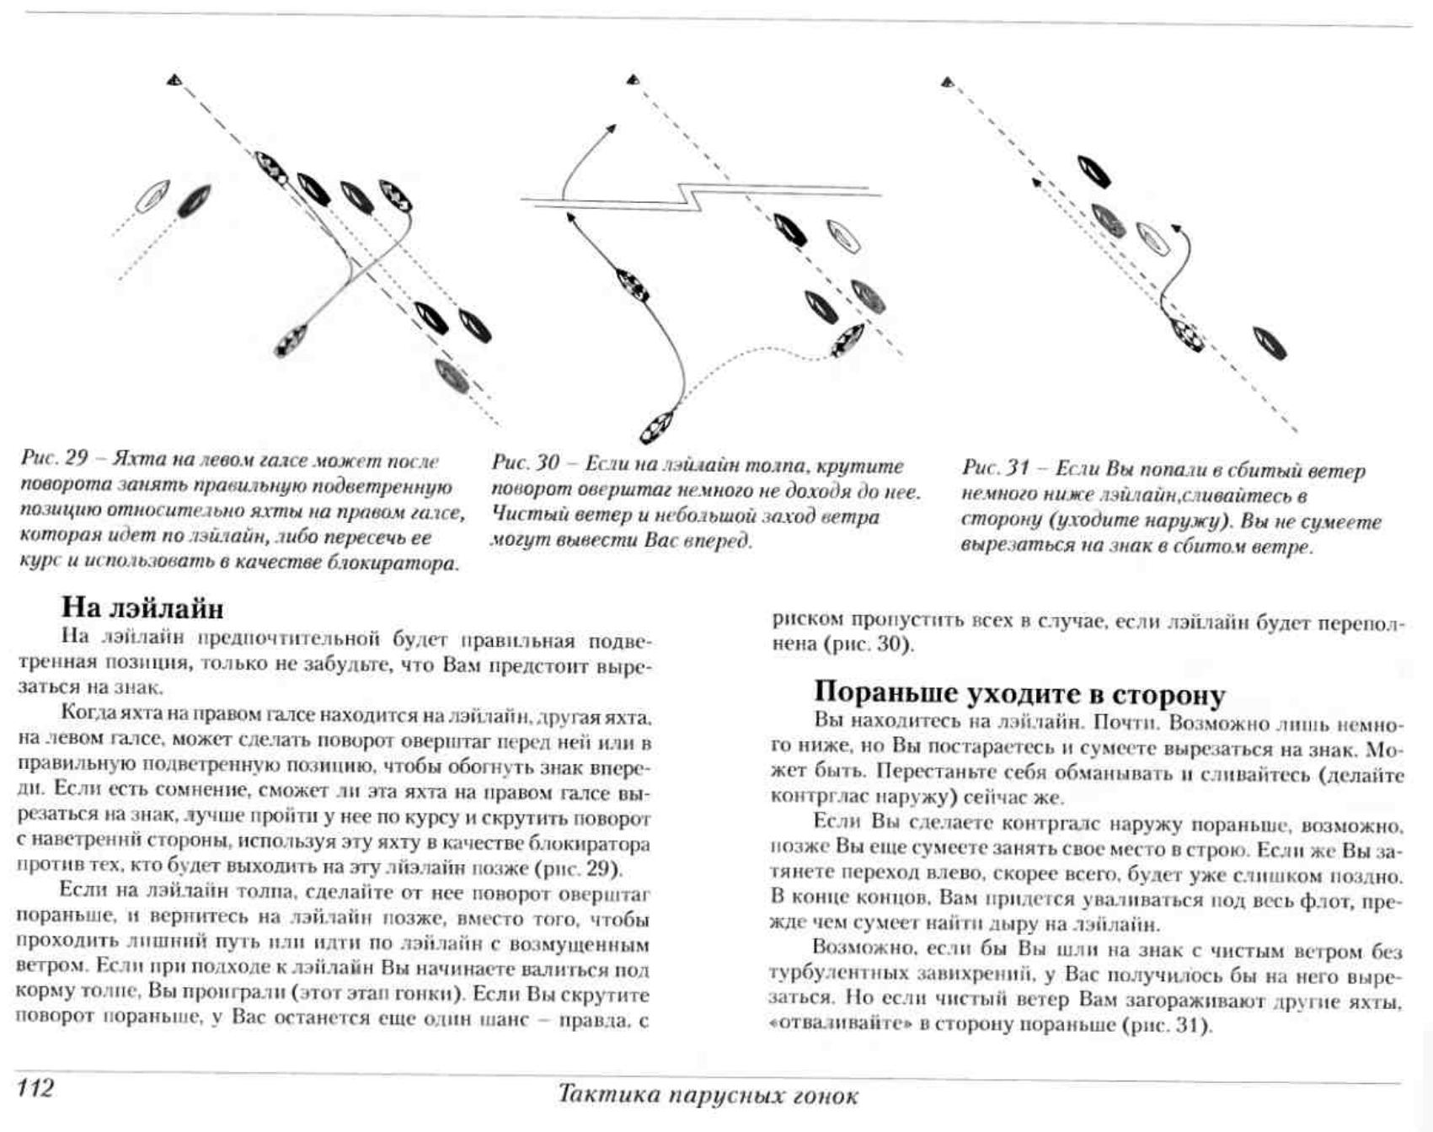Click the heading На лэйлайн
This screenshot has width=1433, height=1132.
142,607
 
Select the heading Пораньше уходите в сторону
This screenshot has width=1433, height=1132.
1019,693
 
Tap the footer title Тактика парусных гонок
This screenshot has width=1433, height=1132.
708,1095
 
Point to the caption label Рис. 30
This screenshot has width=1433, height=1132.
526,464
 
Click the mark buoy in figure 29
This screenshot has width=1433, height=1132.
174,80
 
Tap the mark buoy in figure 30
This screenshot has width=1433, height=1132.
633,80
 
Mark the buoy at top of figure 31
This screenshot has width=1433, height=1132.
947,82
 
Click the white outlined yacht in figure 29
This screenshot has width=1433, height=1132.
152,196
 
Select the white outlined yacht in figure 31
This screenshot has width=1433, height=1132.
1152,238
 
